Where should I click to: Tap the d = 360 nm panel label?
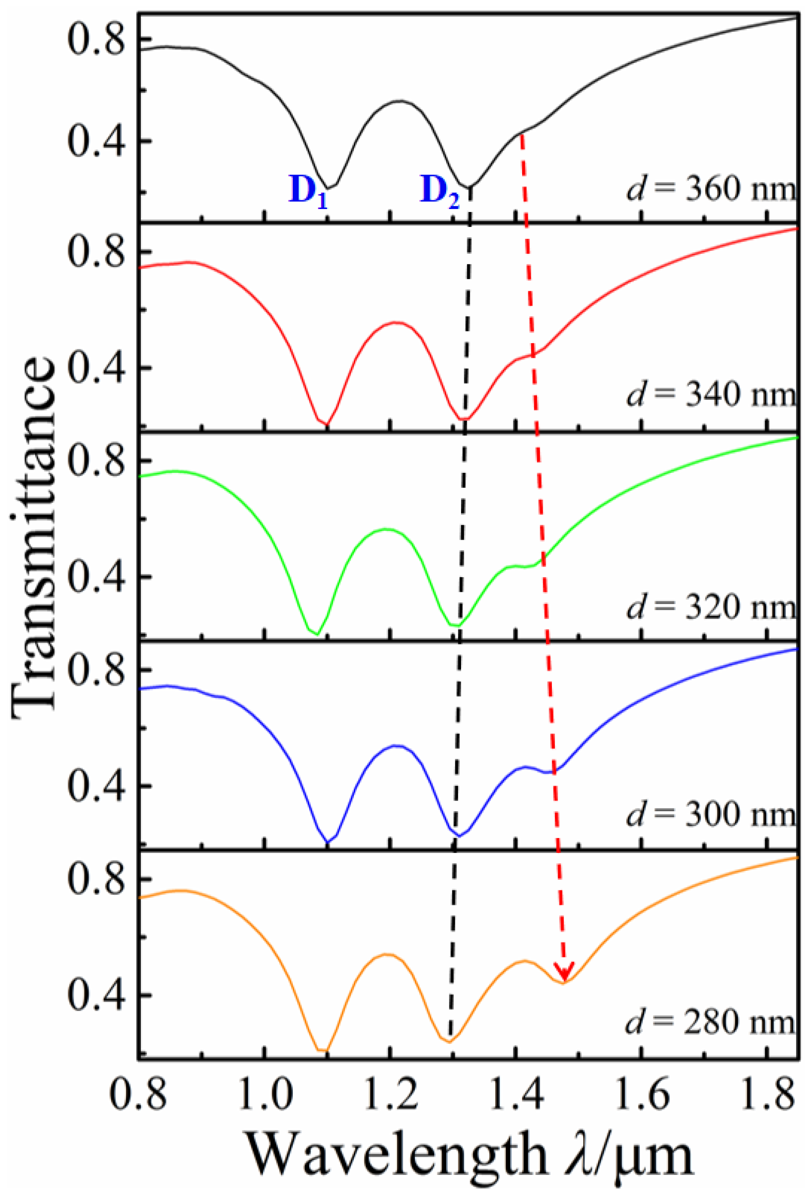tap(712, 190)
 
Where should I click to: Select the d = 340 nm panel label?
tap(712, 396)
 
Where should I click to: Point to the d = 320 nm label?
tap(712, 607)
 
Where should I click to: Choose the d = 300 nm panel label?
tap(712, 815)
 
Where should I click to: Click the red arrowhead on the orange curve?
tap(565, 972)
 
